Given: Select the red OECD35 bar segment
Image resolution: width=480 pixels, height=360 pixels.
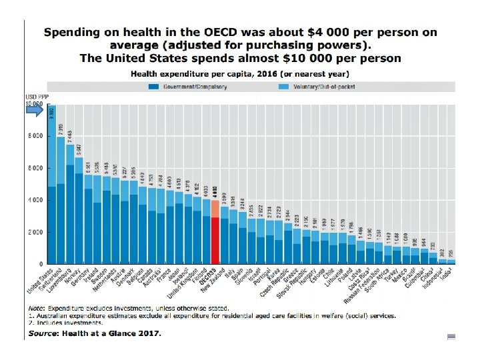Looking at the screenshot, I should pos(215,241).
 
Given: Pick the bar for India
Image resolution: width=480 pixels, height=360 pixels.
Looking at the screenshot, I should pos(451,261).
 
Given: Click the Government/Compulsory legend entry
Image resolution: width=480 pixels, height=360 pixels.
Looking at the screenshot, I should pos(194,86).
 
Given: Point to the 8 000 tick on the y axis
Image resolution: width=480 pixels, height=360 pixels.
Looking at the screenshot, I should pos(34,136).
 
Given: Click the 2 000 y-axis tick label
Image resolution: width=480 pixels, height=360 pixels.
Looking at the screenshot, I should pos(34,233).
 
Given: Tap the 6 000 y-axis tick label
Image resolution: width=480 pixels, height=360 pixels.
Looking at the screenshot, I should pos(34,168).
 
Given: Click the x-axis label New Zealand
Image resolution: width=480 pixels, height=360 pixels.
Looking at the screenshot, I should pos(217,281).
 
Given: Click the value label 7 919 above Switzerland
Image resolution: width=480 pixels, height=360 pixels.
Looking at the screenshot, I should pos(61,129).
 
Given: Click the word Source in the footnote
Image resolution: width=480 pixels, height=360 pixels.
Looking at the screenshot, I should pos(42,333).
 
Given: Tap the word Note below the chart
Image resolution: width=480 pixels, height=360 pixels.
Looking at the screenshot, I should pos(36,308).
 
